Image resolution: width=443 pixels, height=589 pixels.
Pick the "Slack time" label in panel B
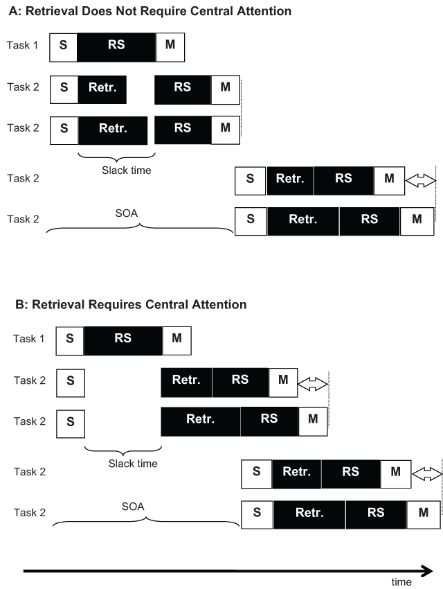pyautogui.click(x=134, y=464)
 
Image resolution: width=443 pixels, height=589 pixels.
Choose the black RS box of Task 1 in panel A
pyautogui.click(x=116, y=46)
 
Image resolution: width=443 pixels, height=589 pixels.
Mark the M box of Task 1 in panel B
pyautogui.click(x=176, y=340)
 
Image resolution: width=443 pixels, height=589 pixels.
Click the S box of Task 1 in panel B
pyautogui.click(x=69, y=340)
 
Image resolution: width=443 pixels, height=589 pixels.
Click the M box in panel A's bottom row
pyautogui.click(x=417, y=220)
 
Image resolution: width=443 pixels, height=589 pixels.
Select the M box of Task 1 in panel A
pyautogui.click(x=170, y=46)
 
